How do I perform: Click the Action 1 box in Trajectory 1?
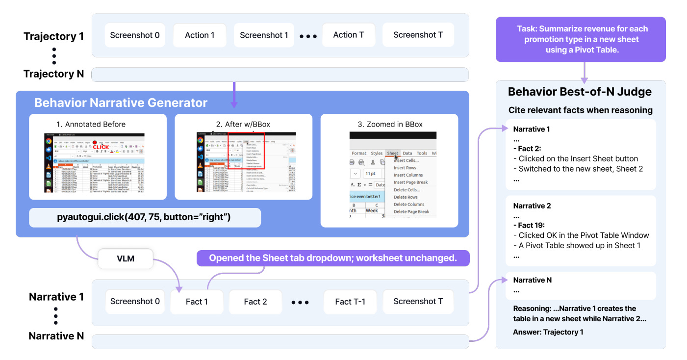click(x=200, y=35)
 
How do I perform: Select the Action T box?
click(x=348, y=35)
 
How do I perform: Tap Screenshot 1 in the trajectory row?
click(x=264, y=35)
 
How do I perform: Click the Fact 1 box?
click(x=197, y=302)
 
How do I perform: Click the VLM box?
click(x=126, y=258)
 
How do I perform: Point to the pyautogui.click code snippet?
click(x=145, y=217)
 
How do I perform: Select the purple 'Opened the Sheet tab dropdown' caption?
click(x=333, y=258)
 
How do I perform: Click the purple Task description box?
click(x=581, y=40)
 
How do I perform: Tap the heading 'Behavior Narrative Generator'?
click(x=121, y=103)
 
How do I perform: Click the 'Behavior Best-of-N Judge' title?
click(x=580, y=92)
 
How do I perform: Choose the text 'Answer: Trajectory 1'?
click(x=548, y=332)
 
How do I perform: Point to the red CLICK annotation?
click(x=102, y=147)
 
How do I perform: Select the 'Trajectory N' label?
click(x=54, y=74)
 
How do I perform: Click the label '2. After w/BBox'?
click(x=243, y=124)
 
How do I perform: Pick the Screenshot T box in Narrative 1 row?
click(x=418, y=302)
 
